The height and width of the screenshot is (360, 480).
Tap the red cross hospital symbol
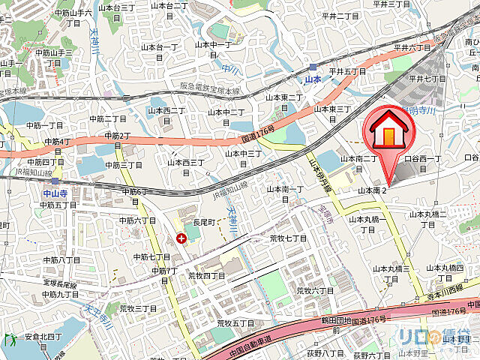tap(181, 238)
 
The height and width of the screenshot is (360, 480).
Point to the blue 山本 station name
tap(313, 78)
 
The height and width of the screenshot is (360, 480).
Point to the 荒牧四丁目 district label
tap(206, 275)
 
